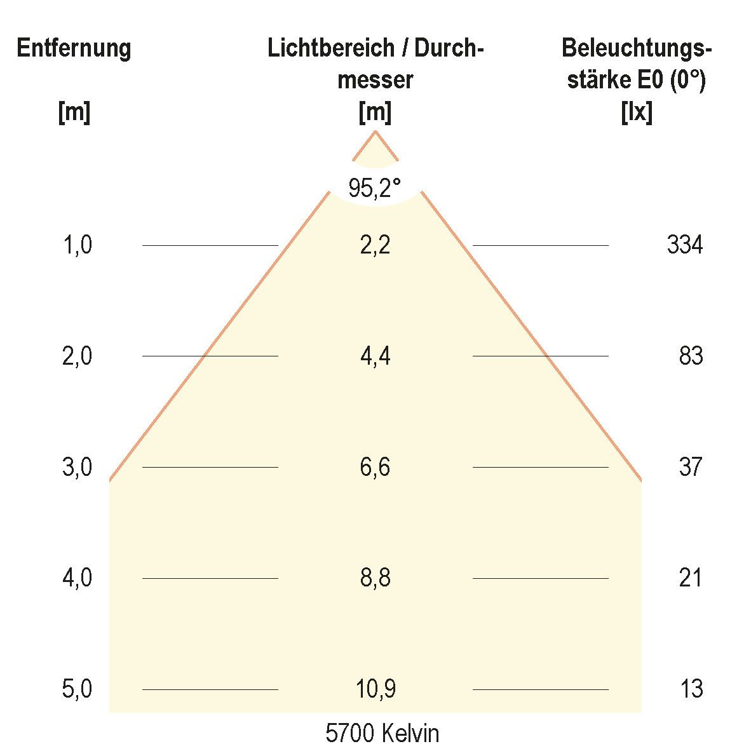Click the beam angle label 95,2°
(x=375, y=188)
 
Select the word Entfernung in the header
(x=74, y=48)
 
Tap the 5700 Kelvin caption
(x=382, y=733)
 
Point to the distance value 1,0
(x=78, y=245)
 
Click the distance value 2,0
(x=78, y=356)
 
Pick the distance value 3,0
(x=78, y=467)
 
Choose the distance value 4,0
(x=78, y=578)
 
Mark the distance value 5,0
(x=78, y=689)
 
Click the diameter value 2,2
(x=375, y=245)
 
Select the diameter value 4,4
(x=375, y=356)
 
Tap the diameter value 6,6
(x=375, y=467)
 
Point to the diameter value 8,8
(x=375, y=578)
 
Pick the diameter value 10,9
(x=375, y=689)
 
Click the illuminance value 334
(x=685, y=245)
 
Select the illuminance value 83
(x=691, y=356)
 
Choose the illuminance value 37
(x=691, y=467)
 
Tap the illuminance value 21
(x=691, y=578)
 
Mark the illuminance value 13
(x=691, y=689)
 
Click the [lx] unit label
(x=637, y=113)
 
